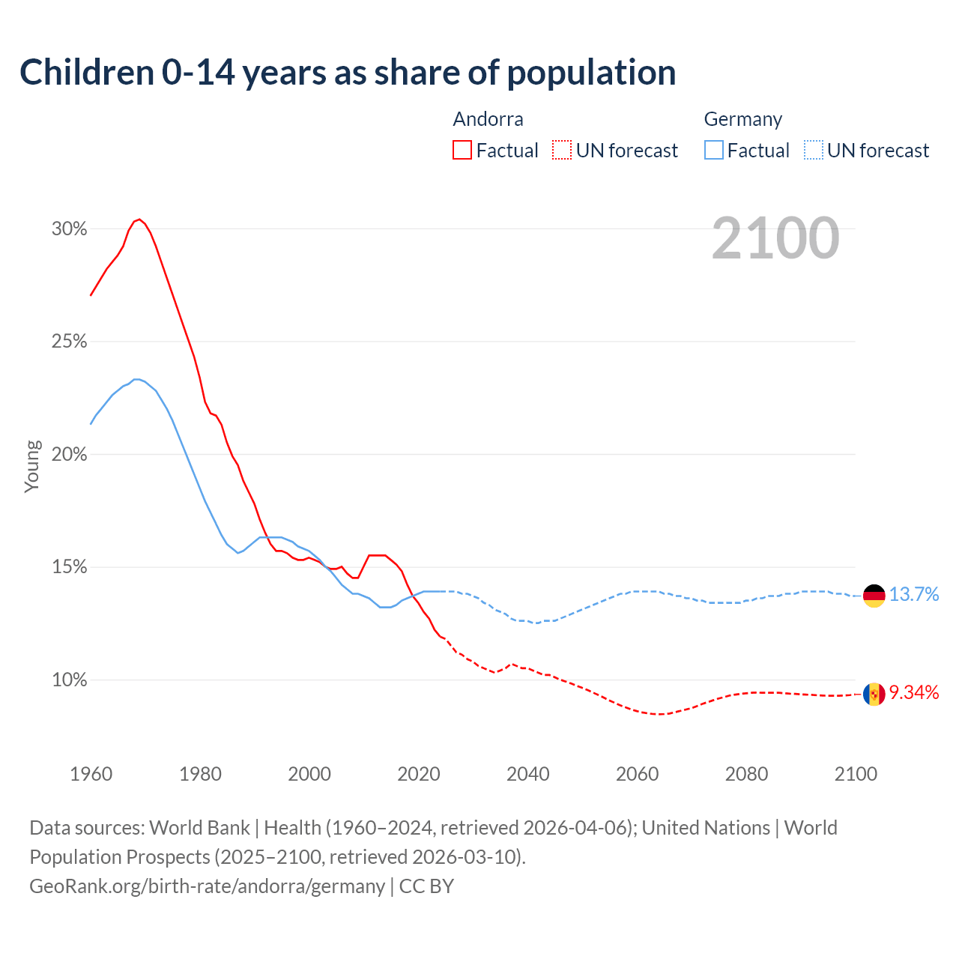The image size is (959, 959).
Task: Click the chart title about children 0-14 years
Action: pyautogui.click(x=348, y=73)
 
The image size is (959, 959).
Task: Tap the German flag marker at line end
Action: pyautogui.click(x=874, y=596)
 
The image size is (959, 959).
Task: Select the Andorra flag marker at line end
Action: pyautogui.click(x=874, y=695)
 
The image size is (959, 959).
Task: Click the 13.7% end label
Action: pyautogui.click(x=914, y=595)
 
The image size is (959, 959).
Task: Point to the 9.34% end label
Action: pyautogui.click(x=914, y=693)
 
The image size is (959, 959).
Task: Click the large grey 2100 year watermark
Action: pyautogui.click(x=775, y=238)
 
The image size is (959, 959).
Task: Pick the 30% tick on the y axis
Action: pyautogui.click(x=69, y=229)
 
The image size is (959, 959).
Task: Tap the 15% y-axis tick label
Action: pyautogui.click(x=69, y=567)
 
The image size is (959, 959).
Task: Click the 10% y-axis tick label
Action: pyautogui.click(x=69, y=680)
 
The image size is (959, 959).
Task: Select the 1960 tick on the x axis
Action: pyautogui.click(x=91, y=774)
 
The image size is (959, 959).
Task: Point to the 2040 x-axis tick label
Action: pyautogui.click(x=527, y=774)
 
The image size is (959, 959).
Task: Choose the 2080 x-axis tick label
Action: pyautogui.click(x=746, y=774)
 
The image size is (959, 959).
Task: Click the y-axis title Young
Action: pyautogui.click(x=32, y=466)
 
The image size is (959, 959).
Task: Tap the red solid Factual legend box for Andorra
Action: pyautogui.click(x=462, y=151)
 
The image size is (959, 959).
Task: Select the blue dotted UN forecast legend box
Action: pyautogui.click(x=814, y=151)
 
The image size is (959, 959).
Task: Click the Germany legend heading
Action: pyautogui.click(x=742, y=119)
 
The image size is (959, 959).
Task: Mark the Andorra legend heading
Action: pyautogui.click(x=488, y=119)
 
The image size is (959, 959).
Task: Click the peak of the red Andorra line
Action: pyautogui.click(x=139, y=220)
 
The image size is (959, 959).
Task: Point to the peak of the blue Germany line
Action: pyautogui.click(x=136, y=379)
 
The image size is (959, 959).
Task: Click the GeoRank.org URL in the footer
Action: pyautogui.click(x=207, y=886)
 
